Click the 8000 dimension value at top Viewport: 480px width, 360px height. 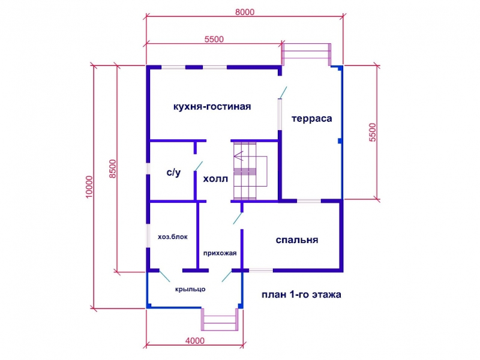pos(245,12)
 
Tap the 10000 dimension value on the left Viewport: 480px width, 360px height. pos(89,187)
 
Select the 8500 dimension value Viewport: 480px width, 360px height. pos(113,169)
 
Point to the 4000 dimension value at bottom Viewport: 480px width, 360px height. pos(195,340)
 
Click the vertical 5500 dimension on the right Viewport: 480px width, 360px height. pos(372,132)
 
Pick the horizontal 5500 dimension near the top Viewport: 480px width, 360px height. pos(214,39)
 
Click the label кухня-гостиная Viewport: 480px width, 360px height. pos(212,107)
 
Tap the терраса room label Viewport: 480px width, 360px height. pos(311,118)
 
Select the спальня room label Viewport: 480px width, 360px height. pos(296,239)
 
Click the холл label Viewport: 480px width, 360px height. pos(215,178)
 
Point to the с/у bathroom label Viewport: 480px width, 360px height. pos(173,172)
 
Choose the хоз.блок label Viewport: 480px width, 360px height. pos(173,236)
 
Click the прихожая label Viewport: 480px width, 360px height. pos(220,253)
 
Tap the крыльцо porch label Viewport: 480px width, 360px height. pos(190,289)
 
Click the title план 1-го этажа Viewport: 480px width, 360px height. pos(301,295)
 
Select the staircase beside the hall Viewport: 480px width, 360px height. pos(250,170)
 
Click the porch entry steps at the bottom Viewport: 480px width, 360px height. pos(220,320)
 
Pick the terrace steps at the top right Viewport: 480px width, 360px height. pos(306,54)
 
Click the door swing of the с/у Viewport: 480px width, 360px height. pos(199,166)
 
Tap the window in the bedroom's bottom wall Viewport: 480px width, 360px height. pos(261,271)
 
